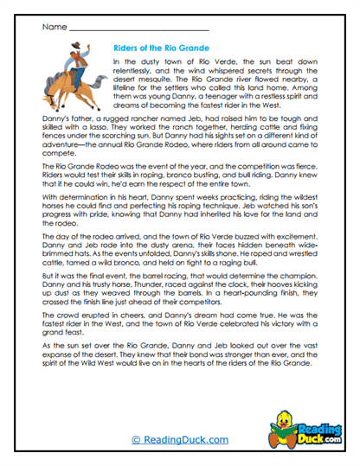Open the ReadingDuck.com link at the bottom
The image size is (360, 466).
(x=180, y=439)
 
